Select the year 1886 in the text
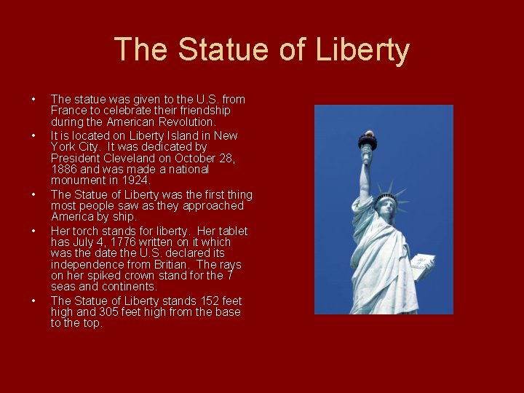(65, 169)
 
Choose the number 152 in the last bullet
(199, 301)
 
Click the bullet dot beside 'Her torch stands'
(33, 231)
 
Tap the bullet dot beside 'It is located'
(33, 136)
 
